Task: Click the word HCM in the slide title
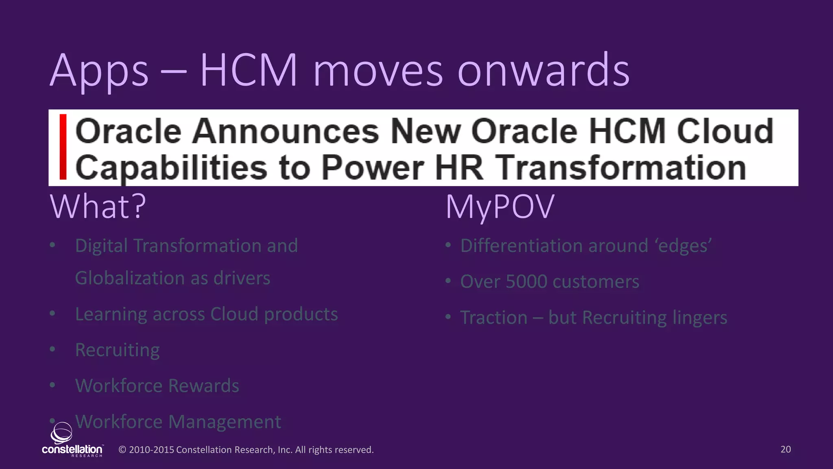[x=249, y=70]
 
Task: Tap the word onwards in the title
[x=543, y=71]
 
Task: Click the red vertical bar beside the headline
[x=63, y=147]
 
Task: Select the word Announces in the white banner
[x=286, y=131]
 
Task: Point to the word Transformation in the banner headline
[x=620, y=167]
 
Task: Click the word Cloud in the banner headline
[x=725, y=131]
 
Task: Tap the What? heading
[x=98, y=206]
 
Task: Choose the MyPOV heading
[x=500, y=206]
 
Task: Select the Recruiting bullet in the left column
[x=118, y=350]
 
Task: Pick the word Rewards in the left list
[x=204, y=386]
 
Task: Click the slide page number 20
[x=785, y=449]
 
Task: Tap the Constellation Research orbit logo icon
[x=62, y=432]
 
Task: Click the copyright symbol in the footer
[x=122, y=450]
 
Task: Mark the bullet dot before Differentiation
[x=448, y=245]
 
